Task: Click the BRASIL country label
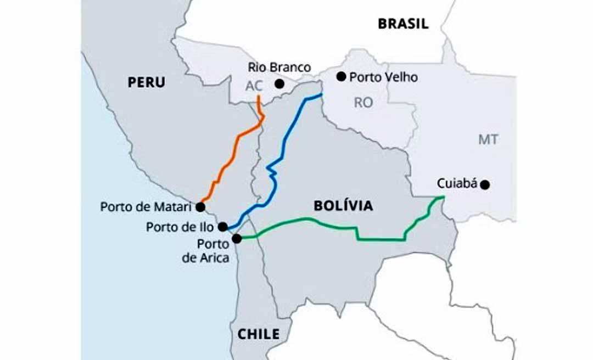(x=402, y=24)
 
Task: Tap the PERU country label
(x=146, y=82)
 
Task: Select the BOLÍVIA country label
(x=343, y=206)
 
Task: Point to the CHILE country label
(x=258, y=334)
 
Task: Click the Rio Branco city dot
(x=279, y=84)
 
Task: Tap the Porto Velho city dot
(x=341, y=76)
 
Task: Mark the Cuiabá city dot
(x=485, y=185)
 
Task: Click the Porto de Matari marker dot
(x=200, y=207)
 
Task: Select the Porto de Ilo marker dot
(x=222, y=226)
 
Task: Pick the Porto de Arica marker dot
(x=237, y=238)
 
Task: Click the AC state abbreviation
(x=254, y=87)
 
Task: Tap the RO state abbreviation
(x=363, y=102)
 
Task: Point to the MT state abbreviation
(x=488, y=140)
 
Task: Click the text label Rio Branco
(x=279, y=67)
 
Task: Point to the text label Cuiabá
(x=457, y=183)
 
